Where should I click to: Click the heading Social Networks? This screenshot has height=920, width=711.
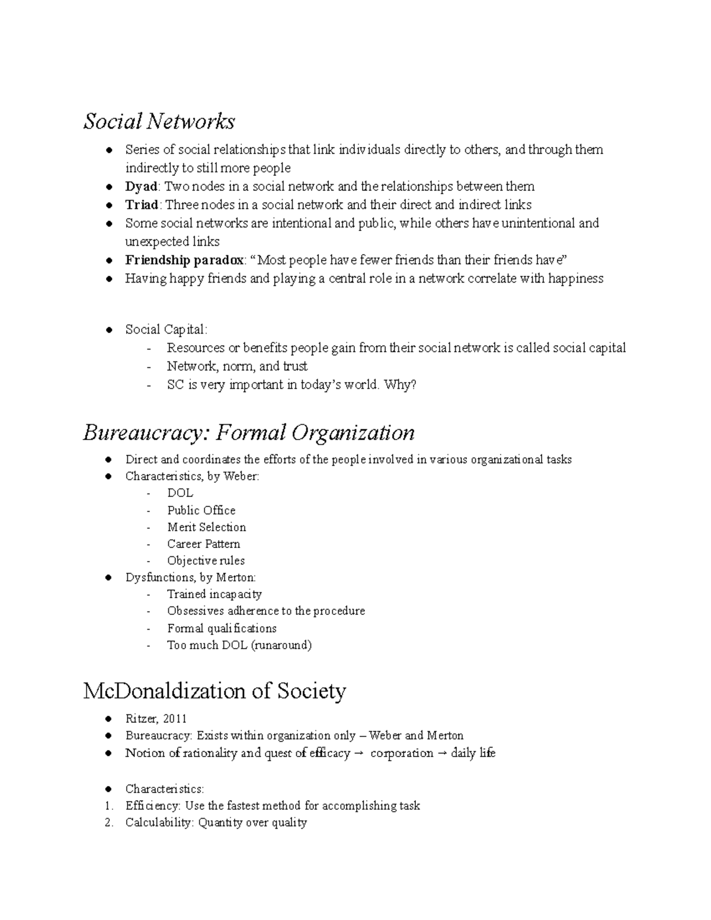pos(159,121)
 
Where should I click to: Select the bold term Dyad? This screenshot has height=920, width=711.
pos(141,187)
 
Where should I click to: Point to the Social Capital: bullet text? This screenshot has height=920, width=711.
pos(166,329)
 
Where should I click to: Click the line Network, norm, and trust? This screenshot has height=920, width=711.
pos(237,366)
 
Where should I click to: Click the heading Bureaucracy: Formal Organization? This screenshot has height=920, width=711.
pos(248,432)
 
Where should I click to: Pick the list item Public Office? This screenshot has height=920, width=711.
pos(201,510)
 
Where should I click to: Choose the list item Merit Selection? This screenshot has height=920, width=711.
pos(206,527)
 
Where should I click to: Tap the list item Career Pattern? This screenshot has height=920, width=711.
pos(203,544)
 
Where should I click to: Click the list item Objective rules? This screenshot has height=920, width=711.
pos(206,560)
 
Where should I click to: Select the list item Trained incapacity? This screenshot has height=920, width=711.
pos(214,594)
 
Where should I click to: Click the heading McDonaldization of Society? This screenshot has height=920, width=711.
pos(214,691)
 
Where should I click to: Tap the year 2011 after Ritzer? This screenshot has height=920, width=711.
pos(174,719)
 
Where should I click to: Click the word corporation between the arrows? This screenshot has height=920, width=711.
pos(402,753)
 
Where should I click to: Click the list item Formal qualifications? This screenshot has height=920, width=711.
pos(222,628)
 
